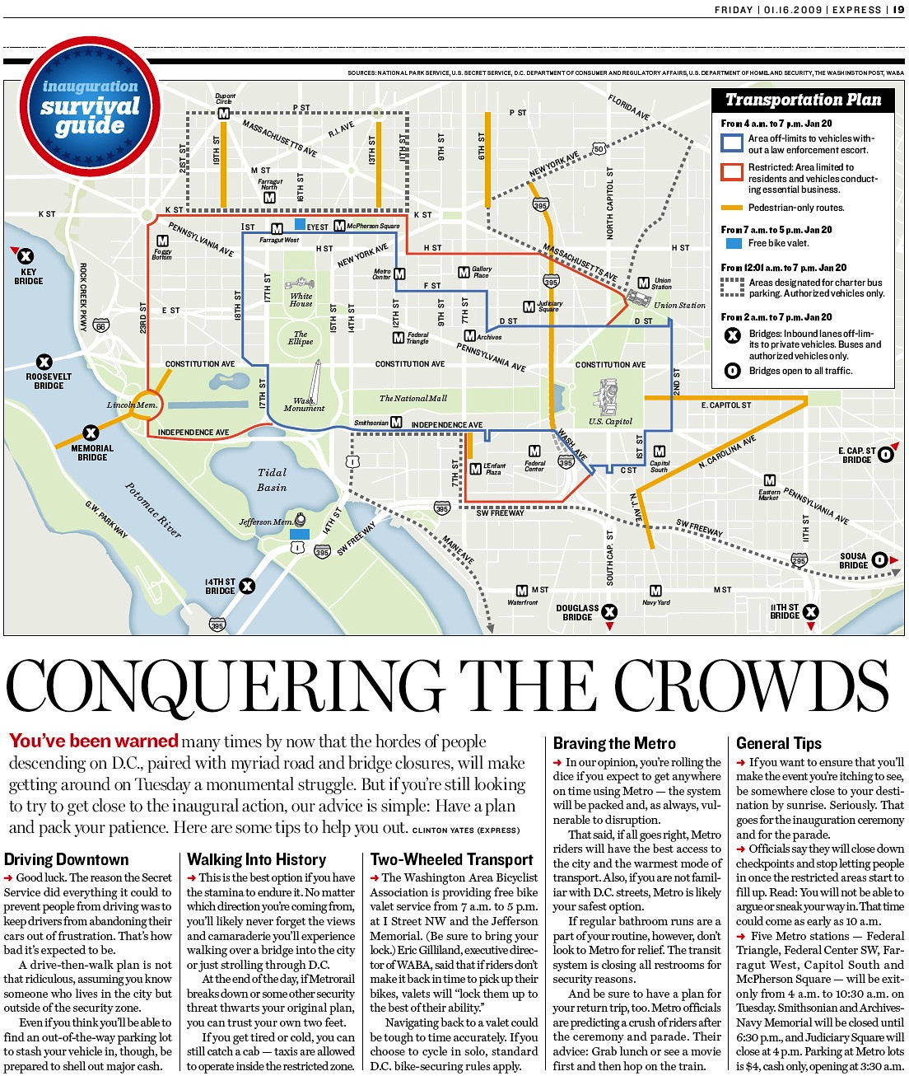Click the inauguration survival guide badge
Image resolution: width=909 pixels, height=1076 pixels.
(91, 106)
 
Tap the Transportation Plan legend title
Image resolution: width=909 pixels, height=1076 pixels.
(803, 100)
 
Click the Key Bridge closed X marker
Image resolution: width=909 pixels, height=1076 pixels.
(26, 255)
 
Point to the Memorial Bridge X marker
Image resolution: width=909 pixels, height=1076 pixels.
(91, 433)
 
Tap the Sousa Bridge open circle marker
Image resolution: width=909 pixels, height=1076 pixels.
(879, 560)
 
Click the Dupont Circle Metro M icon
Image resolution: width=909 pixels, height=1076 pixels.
(223, 114)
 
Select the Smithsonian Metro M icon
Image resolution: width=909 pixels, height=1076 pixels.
(396, 422)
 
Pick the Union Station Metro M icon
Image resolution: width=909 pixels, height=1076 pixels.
(644, 283)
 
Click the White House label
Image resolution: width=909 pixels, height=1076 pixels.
(301, 300)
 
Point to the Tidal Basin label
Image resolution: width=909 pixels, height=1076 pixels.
(272, 480)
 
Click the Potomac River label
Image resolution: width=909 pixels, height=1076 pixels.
(153, 509)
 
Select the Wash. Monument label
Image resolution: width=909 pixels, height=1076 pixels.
(304, 405)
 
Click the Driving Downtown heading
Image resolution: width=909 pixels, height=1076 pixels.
(67, 859)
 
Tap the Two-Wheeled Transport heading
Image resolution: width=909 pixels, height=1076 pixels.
(452, 859)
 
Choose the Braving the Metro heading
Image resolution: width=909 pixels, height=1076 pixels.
(614, 743)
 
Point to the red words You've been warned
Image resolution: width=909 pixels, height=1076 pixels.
(93, 741)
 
